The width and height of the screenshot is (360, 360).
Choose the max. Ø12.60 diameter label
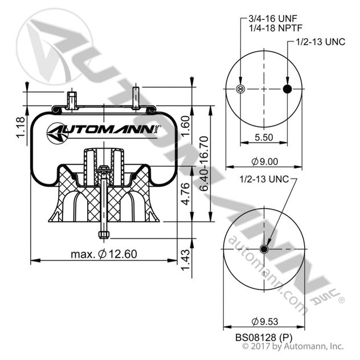104,253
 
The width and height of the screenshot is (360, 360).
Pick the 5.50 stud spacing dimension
264,137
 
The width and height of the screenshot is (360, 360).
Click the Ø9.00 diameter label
264,161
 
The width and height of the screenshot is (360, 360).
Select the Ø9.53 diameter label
264,320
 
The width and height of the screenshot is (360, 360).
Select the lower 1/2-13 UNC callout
267,179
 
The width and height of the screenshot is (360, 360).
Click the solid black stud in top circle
287,88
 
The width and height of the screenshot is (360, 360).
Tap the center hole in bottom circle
264,249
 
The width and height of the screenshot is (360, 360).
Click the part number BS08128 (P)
264,336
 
